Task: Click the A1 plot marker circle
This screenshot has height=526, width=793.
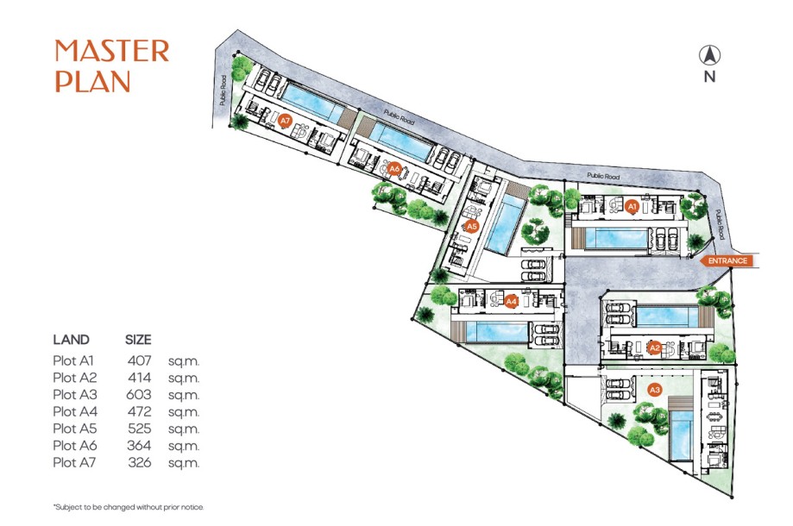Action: [x=632, y=207]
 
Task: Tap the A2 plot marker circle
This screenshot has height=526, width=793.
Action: [x=655, y=348]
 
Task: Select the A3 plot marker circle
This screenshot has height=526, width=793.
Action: [x=655, y=391]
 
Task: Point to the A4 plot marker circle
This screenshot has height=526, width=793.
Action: [x=511, y=302]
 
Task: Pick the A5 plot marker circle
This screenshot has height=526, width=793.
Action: [x=471, y=227]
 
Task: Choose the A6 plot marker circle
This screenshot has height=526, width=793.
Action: [x=394, y=169]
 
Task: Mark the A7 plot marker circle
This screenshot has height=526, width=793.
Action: [x=286, y=122]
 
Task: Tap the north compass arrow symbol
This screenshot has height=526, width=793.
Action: [x=709, y=56]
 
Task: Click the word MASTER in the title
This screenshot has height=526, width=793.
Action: [x=112, y=51]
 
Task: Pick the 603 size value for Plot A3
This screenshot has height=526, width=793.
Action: [x=139, y=394]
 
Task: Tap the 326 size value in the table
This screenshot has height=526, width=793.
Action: [x=139, y=462]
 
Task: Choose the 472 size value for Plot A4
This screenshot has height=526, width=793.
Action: [x=139, y=411]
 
